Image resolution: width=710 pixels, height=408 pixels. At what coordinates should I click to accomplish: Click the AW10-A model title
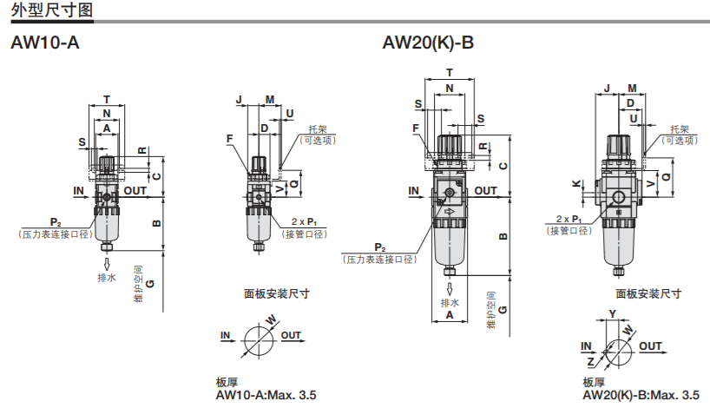click(44, 43)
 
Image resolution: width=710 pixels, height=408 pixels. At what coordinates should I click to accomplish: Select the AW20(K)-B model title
click(428, 43)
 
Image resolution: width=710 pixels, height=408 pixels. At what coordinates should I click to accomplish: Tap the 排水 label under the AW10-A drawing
click(107, 278)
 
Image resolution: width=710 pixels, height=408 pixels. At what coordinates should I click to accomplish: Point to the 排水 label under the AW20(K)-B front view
click(450, 302)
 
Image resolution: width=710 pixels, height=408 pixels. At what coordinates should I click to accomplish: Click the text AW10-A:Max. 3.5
click(266, 396)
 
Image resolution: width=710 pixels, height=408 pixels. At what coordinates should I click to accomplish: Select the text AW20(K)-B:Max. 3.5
click(641, 396)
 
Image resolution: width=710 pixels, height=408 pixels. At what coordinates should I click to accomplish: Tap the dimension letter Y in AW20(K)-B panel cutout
click(612, 313)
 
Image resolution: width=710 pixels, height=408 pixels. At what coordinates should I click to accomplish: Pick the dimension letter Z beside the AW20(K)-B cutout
click(590, 359)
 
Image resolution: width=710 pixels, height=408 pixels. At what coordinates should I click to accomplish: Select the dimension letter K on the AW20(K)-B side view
click(576, 183)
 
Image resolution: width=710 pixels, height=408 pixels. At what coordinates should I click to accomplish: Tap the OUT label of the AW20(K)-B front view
click(486, 191)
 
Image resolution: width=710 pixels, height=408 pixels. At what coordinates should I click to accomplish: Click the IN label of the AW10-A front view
click(78, 189)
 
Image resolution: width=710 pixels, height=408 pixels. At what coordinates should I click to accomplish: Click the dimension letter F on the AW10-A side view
click(230, 138)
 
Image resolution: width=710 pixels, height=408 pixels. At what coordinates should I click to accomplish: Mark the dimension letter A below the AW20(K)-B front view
click(450, 316)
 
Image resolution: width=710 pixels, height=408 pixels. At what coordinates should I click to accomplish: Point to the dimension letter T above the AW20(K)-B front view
click(450, 73)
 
